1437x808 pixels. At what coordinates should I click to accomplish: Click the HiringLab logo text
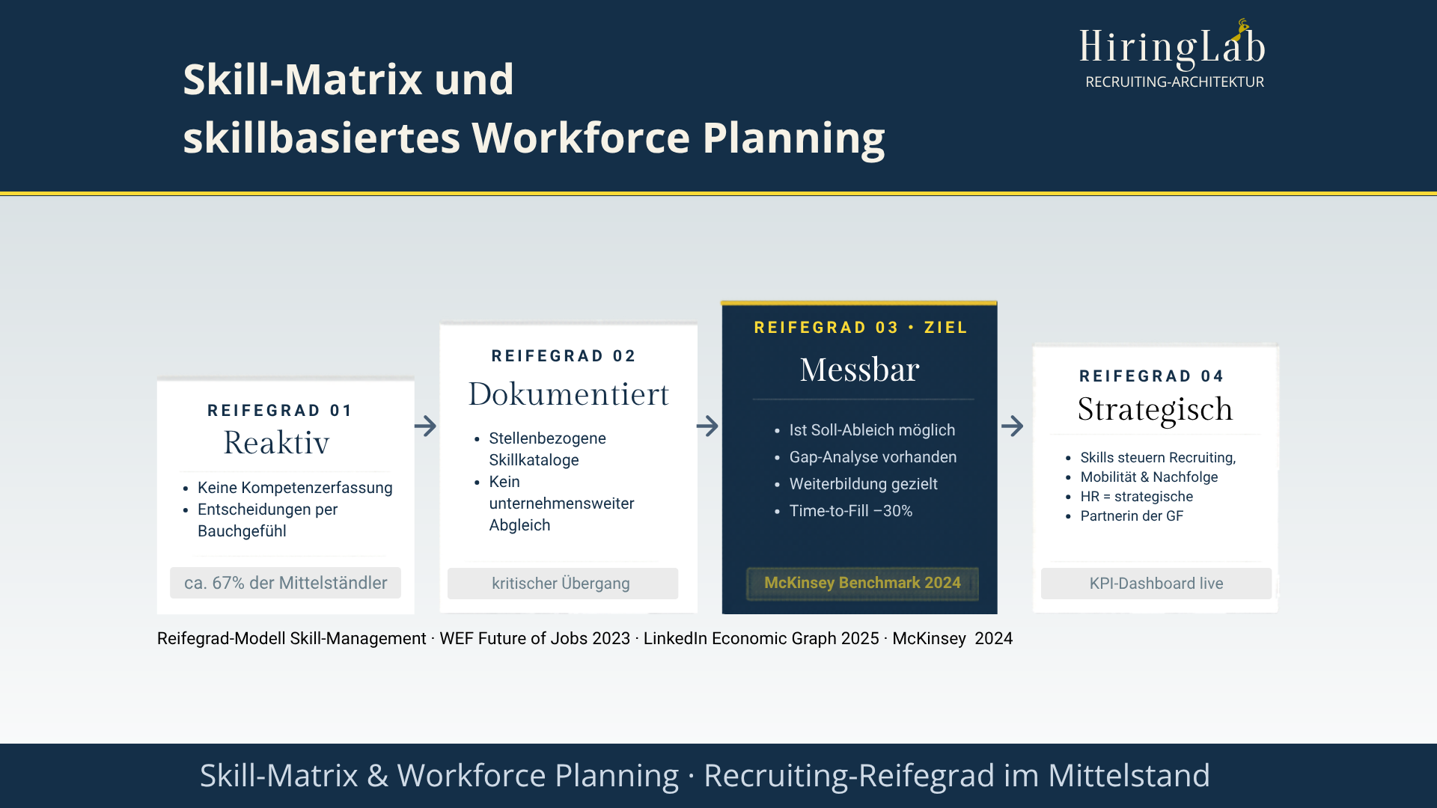[x=1171, y=46]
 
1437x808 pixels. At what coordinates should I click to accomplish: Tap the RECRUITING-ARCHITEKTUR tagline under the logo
[x=1174, y=82]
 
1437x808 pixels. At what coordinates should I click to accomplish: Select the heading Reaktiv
[x=276, y=443]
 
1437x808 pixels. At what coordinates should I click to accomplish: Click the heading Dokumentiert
[x=568, y=394]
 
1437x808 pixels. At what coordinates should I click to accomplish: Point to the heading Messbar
[x=859, y=370]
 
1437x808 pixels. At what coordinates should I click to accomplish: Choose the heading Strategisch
[x=1155, y=409]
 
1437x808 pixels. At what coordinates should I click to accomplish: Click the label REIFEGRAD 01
[x=280, y=411]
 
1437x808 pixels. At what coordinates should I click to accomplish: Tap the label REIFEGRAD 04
[x=1151, y=376]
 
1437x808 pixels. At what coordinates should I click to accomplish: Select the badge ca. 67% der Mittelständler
[x=285, y=583]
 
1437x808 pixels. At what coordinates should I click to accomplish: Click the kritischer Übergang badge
[x=562, y=584]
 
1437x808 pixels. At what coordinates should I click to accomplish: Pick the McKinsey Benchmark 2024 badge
[x=862, y=583]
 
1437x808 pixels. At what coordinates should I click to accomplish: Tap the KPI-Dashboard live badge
[x=1156, y=584]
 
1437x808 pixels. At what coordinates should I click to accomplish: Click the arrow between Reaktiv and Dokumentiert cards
[x=425, y=426]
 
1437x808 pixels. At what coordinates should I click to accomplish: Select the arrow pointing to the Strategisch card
[x=1012, y=426]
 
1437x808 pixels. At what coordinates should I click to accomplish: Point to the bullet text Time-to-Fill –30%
[x=850, y=511]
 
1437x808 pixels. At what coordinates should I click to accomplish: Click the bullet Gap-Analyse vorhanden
[x=873, y=457]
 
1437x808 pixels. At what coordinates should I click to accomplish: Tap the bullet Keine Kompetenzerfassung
[x=295, y=488]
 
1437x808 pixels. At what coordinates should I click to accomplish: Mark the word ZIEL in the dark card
[x=946, y=328]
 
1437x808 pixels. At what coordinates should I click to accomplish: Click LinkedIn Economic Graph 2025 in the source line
[x=760, y=638]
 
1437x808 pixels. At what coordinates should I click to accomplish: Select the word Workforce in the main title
[x=580, y=138]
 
